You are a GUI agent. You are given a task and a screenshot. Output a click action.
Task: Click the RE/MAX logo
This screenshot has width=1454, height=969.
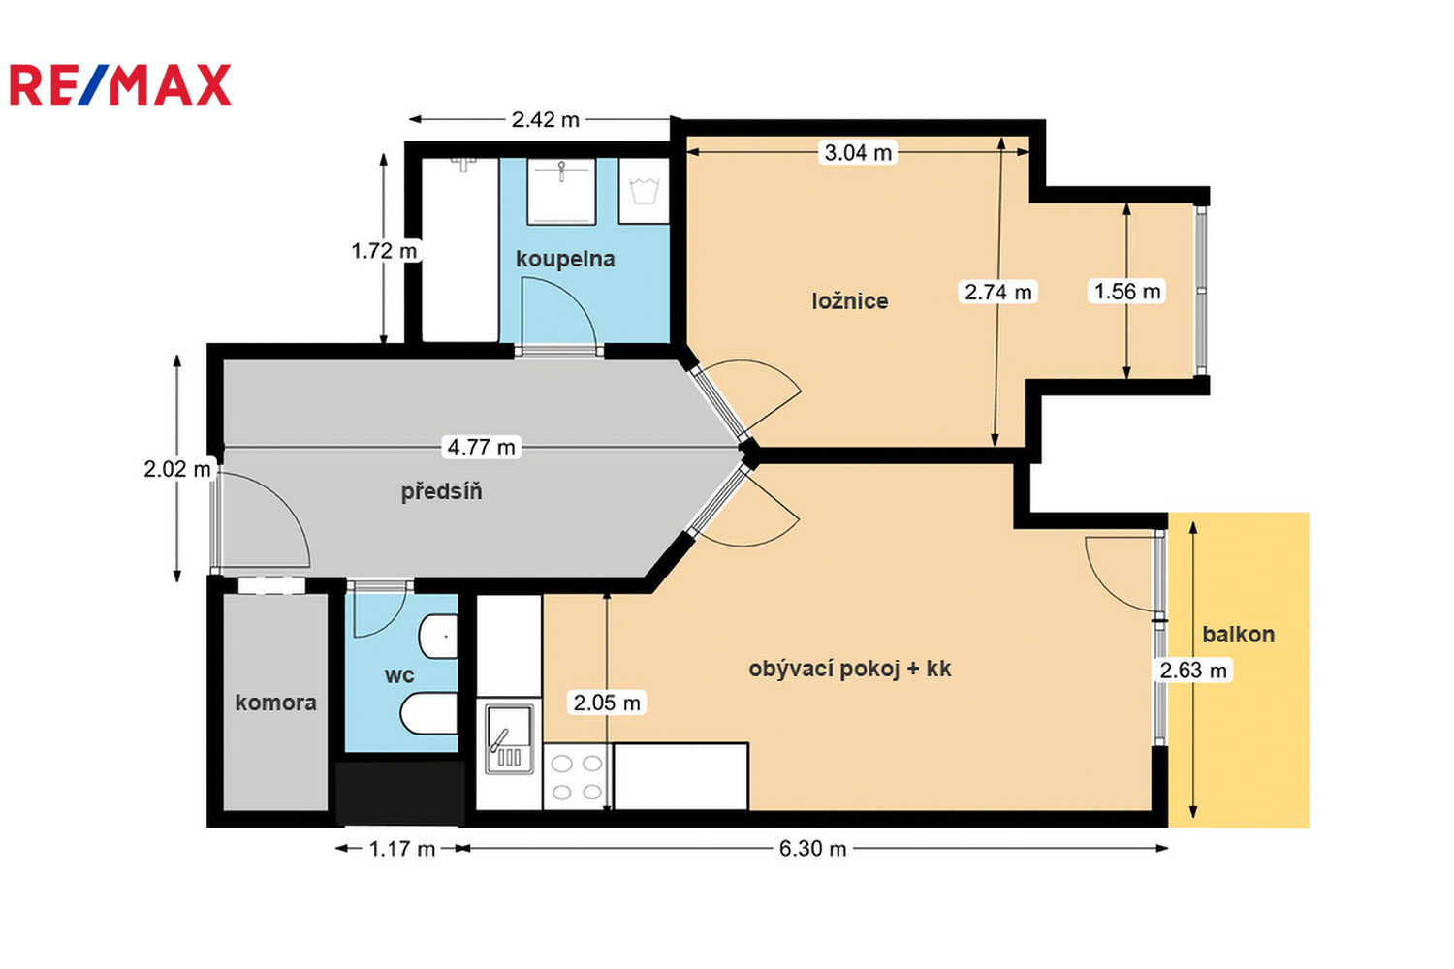coord(121,84)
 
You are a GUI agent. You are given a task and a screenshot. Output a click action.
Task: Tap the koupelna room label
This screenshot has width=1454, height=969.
coord(565,259)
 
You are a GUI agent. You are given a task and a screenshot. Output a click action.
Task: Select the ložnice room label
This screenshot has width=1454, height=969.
coord(850,300)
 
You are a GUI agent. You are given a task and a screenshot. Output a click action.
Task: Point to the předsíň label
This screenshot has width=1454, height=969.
coord(441,491)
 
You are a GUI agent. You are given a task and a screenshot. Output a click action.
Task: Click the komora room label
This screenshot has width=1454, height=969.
coord(276,703)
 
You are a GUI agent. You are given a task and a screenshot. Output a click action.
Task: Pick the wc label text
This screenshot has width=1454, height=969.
coord(399,675)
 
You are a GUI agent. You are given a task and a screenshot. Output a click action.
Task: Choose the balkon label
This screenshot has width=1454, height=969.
coord(1239,634)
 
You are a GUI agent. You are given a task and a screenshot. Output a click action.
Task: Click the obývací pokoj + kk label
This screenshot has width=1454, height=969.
coord(850,669)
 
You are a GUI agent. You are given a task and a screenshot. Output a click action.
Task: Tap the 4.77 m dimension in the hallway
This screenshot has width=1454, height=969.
coord(481,447)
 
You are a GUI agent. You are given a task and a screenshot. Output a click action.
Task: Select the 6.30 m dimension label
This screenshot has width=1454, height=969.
coord(812,848)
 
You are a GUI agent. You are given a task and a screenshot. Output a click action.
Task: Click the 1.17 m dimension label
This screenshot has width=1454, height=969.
coord(402,848)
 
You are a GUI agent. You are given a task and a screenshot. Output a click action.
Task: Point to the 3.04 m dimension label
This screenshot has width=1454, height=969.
coord(858,152)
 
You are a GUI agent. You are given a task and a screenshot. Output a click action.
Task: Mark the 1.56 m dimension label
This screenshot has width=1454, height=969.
coord(1126,291)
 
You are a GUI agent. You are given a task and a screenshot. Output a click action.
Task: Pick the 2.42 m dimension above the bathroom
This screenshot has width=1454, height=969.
coord(545,119)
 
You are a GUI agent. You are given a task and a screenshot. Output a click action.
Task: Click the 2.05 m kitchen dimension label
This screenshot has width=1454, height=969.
coord(607,703)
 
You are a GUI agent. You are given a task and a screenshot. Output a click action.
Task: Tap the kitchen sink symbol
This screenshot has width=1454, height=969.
coord(510,738)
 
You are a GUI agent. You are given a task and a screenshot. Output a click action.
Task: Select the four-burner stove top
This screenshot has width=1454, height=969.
coord(577,777)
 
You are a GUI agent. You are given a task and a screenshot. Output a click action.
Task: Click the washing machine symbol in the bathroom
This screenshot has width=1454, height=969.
coord(644,191)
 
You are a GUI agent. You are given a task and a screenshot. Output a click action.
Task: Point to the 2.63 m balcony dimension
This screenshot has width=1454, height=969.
coord(1193,670)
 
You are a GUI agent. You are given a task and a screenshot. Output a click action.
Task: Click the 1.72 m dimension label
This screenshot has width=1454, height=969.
coord(384,251)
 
